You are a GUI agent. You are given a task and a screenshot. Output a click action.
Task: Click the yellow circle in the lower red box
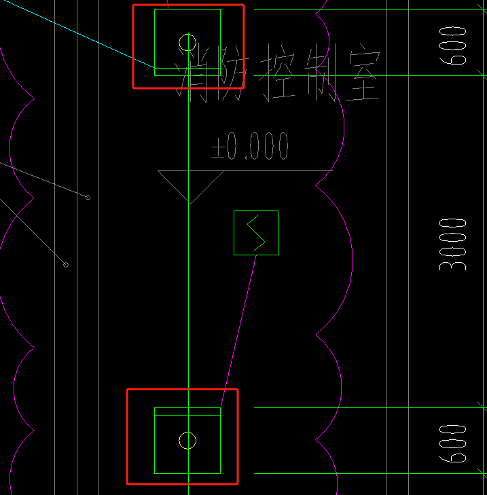pyautogui.click(x=187, y=441)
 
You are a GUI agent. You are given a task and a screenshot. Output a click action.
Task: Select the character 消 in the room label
pyautogui.click(x=195, y=73)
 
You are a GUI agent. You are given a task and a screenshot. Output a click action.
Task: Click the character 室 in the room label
pyautogui.click(x=362, y=73)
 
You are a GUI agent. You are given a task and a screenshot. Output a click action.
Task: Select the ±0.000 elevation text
pyautogui.click(x=250, y=146)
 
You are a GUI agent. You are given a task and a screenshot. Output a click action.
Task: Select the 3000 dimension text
pyautogui.click(x=453, y=244)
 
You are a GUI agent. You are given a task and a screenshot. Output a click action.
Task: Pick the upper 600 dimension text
pyautogui.click(x=453, y=45)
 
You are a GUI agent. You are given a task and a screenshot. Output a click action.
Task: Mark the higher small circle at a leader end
pyautogui.click(x=88, y=197)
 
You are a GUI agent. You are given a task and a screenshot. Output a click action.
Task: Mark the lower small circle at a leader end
pyautogui.click(x=66, y=264)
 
